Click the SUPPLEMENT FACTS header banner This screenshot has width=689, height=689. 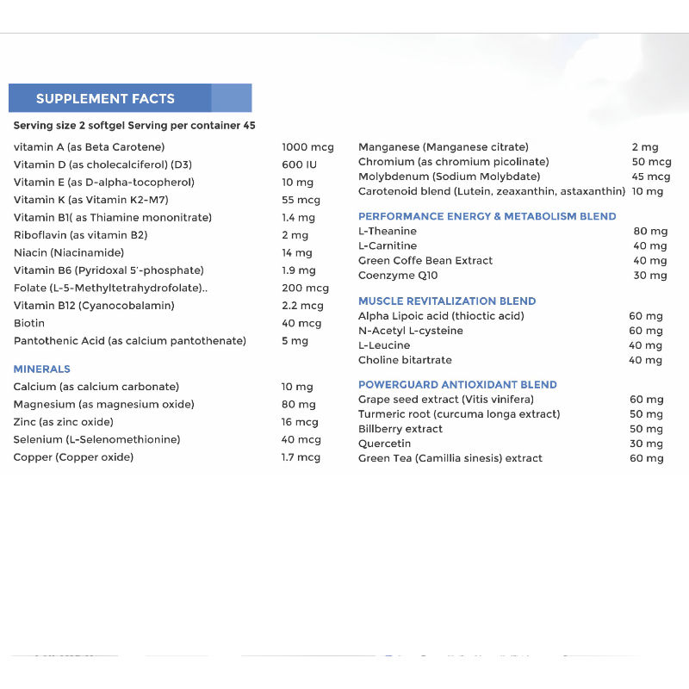click(x=129, y=98)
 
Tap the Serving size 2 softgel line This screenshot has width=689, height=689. click(x=134, y=126)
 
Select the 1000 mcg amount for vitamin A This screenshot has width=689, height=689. click(x=307, y=147)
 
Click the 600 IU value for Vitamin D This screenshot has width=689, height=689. click(x=299, y=164)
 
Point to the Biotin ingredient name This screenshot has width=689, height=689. click(x=29, y=324)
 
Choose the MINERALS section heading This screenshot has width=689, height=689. click(x=41, y=369)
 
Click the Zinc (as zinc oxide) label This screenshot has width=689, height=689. click(x=63, y=422)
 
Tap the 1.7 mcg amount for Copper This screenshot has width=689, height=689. click(x=301, y=457)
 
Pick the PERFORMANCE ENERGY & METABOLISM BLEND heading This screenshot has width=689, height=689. click(x=487, y=216)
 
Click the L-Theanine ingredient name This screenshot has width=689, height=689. click(x=387, y=231)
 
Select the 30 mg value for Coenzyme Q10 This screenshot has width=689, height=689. click(x=650, y=276)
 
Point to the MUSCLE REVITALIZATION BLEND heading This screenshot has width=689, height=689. click(x=447, y=301)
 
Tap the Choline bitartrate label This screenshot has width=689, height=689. click(x=405, y=360)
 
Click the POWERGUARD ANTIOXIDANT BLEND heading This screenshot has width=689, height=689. click(x=457, y=385)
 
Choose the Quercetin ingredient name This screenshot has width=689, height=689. click(x=385, y=444)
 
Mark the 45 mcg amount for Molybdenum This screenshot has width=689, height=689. click(x=651, y=177)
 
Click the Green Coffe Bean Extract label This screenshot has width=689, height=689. click(x=425, y=260)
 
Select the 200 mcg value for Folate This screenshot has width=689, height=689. click(x=305, y=289)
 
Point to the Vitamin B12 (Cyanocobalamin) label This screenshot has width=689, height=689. click(x=94, y=306)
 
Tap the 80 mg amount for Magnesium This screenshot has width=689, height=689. click(x=297, y=405)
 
